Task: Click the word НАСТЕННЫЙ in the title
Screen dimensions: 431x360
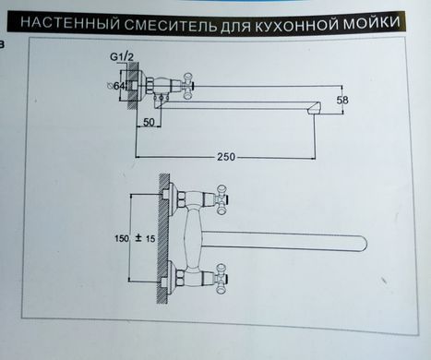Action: [70, 23]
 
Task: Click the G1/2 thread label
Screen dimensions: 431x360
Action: [122, 57]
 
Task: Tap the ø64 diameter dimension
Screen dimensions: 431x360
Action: [116, 86]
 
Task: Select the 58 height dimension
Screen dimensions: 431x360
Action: [342, 100]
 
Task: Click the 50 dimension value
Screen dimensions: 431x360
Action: [149, 122]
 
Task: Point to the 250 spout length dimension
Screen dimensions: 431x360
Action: [226, 157]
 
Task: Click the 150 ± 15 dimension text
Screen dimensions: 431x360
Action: [135, 238]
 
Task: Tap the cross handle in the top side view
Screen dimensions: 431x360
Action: [187, 86]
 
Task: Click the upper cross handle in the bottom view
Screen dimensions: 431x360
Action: [222, 199]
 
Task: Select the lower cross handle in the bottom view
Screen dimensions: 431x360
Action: [221, 279]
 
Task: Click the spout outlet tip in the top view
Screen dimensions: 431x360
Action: [314, 109]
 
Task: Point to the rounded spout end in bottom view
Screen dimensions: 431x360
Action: [362, 242]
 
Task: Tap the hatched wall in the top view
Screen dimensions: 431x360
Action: [133, 86]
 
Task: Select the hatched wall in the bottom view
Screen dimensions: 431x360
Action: [163, 238]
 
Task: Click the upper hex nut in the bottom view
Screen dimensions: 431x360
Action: [181, 198]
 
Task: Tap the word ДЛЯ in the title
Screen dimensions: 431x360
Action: [236, 26]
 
